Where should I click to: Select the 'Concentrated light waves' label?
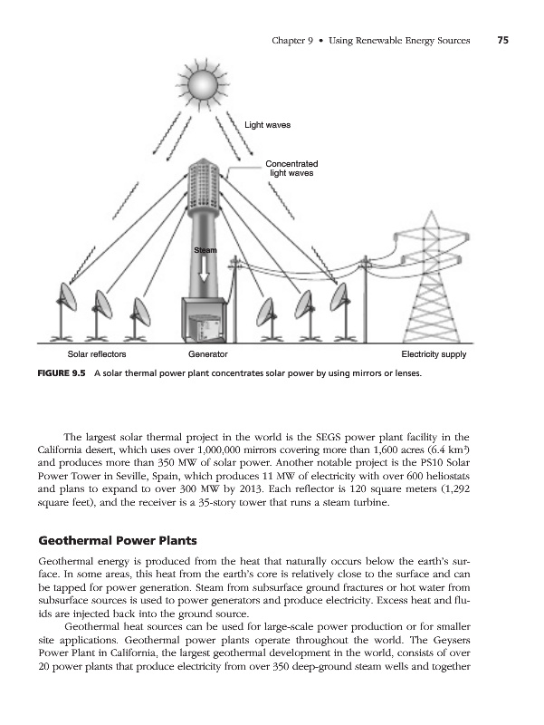[x=291, y=168]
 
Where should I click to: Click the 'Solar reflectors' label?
[x=98, y=353]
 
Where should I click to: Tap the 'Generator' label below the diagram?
[x=207, y=353]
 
